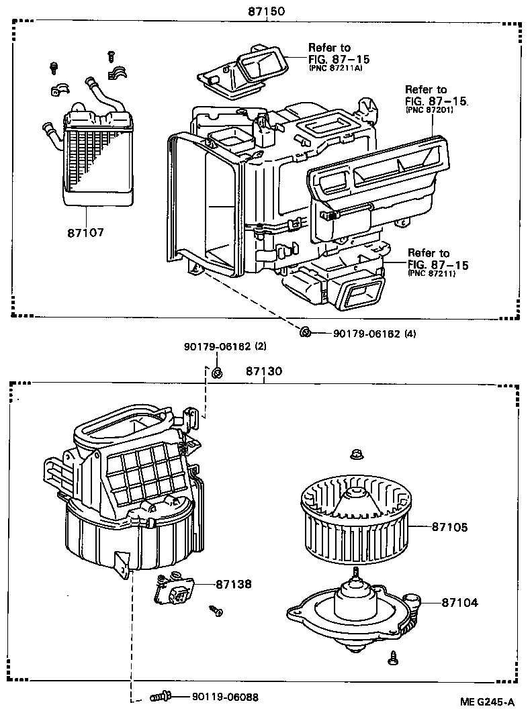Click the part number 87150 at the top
267,11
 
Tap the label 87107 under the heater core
85,232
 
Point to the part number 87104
459,603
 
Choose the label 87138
233,584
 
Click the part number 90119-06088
220,697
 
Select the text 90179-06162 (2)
225,346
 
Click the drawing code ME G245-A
487,702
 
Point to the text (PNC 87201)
429,109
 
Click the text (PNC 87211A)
335,68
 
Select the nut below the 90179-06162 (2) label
217,373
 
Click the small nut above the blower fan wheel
355,455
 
